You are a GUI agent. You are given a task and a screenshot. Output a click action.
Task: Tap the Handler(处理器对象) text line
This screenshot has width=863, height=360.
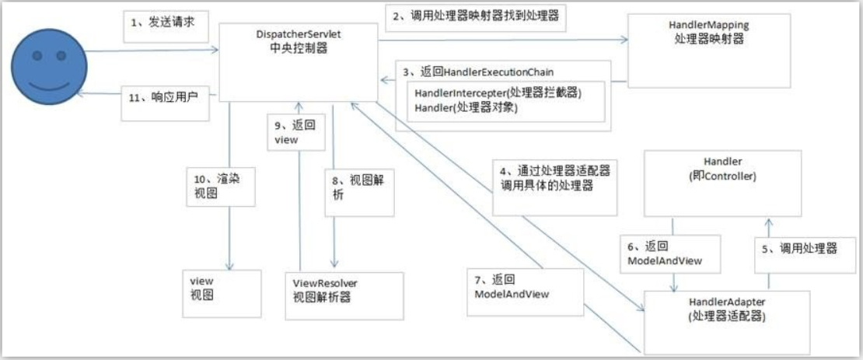pos(466,108)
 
